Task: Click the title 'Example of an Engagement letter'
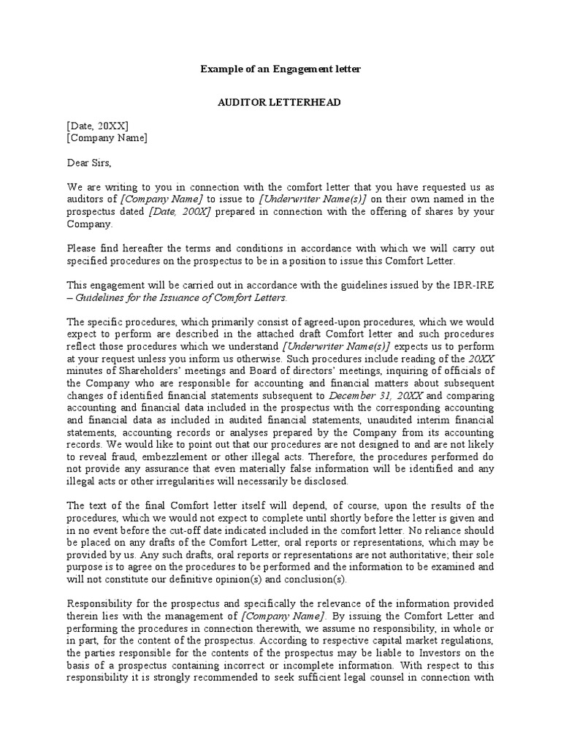(x=280, y=69)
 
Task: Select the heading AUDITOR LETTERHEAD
(x=280, y=102)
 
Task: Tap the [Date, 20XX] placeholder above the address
(x=98, y=126)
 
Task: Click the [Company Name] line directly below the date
(x=107, y=138)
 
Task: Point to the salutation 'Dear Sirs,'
(x=90, y=162)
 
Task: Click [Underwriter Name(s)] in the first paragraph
(x=321, y=199)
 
